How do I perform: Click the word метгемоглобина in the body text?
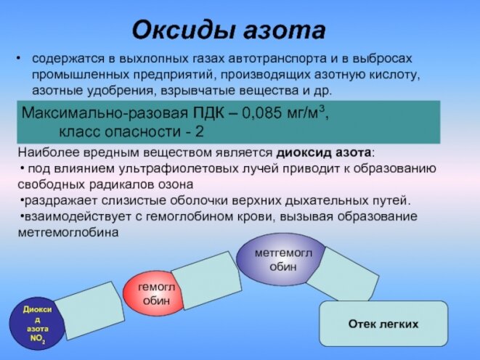(68, 232)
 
